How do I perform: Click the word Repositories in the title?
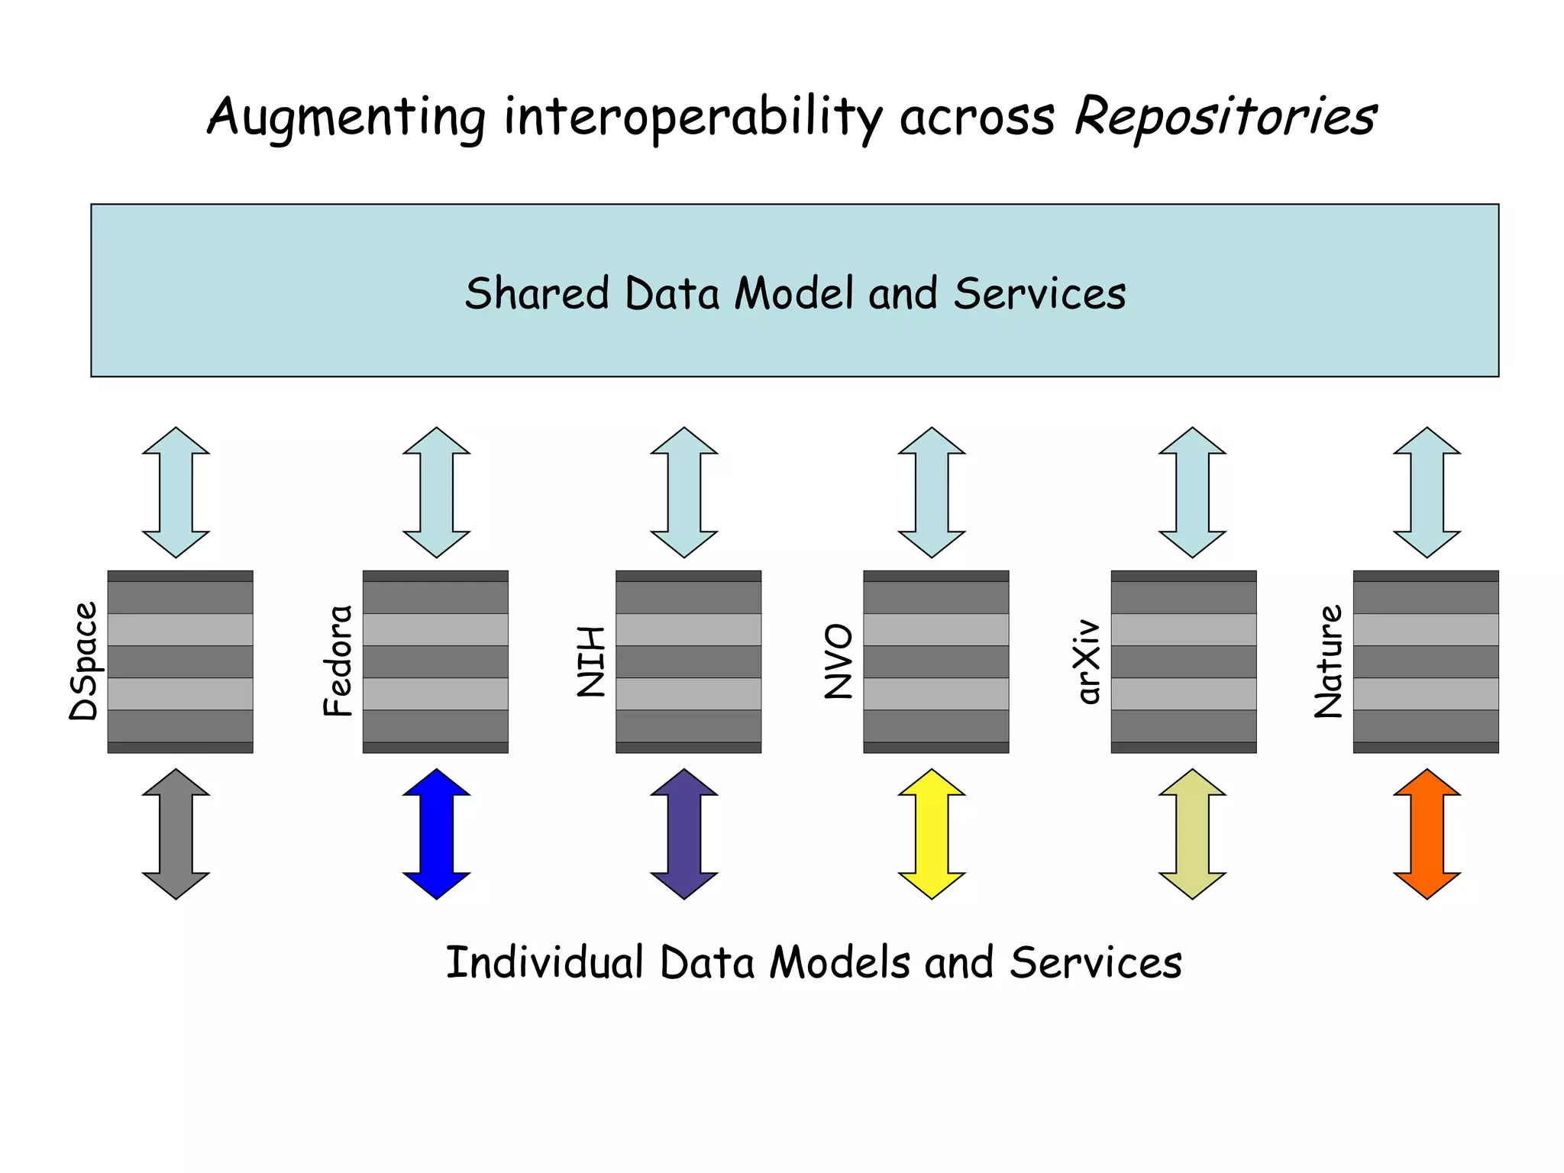1225,117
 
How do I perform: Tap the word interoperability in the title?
693,118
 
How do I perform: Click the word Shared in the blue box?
537,294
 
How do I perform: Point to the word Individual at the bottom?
544,962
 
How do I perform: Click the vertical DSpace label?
84,661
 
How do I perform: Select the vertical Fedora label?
338,661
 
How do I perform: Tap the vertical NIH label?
591,661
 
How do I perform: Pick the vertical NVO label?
839,661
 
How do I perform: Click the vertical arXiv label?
1088,661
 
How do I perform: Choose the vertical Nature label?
1329,661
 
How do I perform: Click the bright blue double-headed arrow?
436,834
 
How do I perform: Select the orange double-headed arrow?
1427,834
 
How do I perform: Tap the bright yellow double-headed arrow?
932,834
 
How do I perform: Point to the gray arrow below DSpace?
176,834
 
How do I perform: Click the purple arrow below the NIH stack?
683,834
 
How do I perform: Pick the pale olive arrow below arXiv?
1192,834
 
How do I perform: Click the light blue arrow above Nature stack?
1427,493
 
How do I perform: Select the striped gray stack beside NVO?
935,661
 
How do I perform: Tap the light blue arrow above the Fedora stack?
436,493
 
